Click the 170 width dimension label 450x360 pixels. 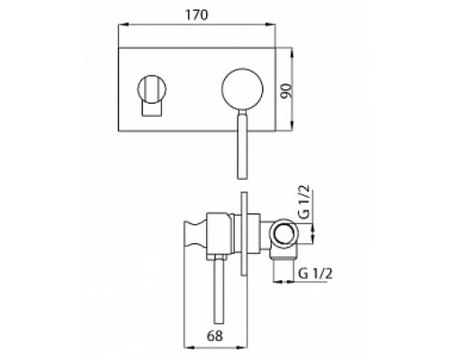[x=196, y=15]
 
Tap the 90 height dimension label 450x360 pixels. [x=286, y=91]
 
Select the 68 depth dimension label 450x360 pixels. [x=215, y=336]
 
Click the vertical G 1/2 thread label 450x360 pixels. [x=304, y=202]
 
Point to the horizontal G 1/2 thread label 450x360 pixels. [x=315, y=274]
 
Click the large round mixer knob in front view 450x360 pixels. [x=242, y=89]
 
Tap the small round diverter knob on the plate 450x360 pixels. [x=152, y=89]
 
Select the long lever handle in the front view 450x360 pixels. [x=242, y=144]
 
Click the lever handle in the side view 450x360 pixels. [x=220, y=289]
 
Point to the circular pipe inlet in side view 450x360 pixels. [x=284, y=233]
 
